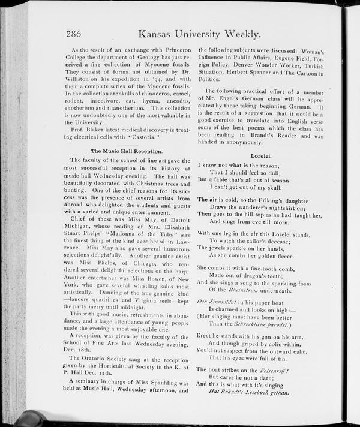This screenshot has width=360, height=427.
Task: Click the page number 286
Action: coord(78,34)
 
